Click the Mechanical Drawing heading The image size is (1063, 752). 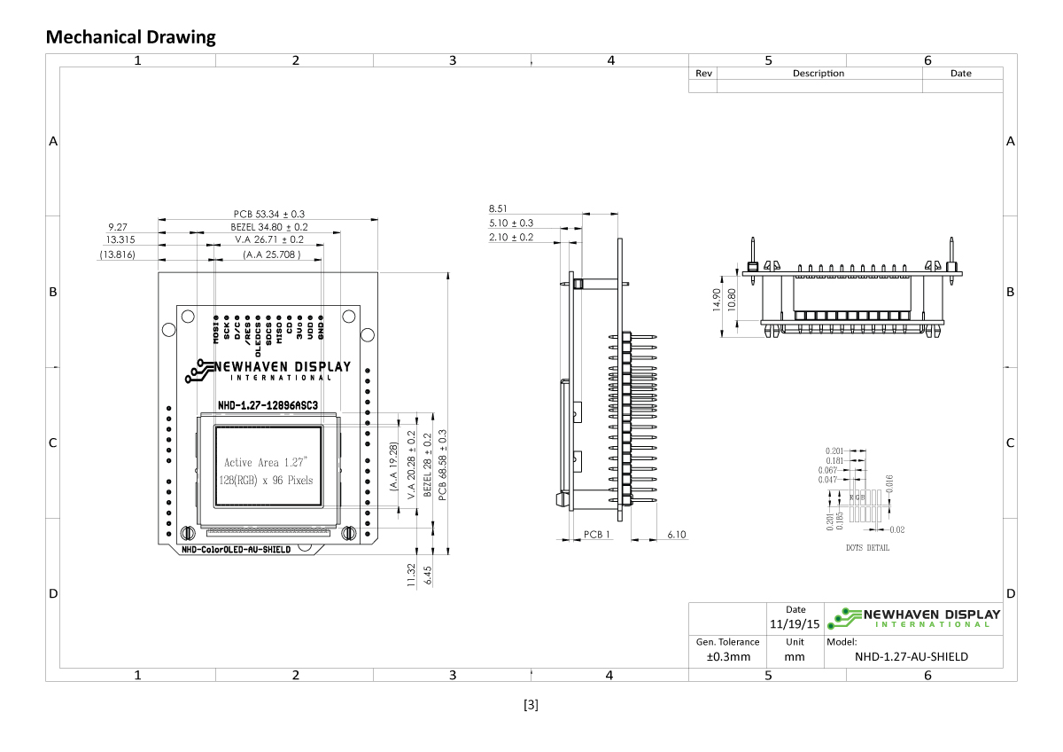[130, 37]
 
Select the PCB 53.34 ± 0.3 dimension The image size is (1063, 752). [269, 214]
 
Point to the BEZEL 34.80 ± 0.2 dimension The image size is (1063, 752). [263, 227]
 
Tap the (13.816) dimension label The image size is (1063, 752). [117, 255]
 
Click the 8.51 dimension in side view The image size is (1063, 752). [499, 208]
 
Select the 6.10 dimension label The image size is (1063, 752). [676, 535]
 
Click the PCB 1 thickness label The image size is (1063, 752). [597, 535]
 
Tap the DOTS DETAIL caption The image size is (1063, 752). [867, 548]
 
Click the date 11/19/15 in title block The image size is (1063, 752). [795, 623]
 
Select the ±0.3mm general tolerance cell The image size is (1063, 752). [727, 657]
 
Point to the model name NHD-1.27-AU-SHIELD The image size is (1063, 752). [911, 657]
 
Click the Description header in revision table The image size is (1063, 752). [818, 74]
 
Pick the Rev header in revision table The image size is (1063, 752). [703, 74]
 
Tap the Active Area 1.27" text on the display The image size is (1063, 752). [265, 462]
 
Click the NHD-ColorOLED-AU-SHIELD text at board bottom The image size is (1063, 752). [236, 550]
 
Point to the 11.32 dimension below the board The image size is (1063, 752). [411, 575]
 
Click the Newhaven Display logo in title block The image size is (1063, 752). [913, 617]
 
